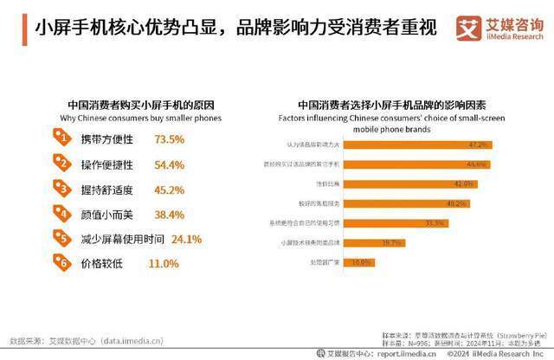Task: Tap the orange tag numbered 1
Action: pyautogui.click(x=61, y=137)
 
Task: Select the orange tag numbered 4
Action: pyautogui.click(x=61, y=210)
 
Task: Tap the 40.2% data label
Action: pyautogui.click(x=456, y=203)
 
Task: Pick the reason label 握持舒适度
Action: pyautogui.click(x=109, y=188)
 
